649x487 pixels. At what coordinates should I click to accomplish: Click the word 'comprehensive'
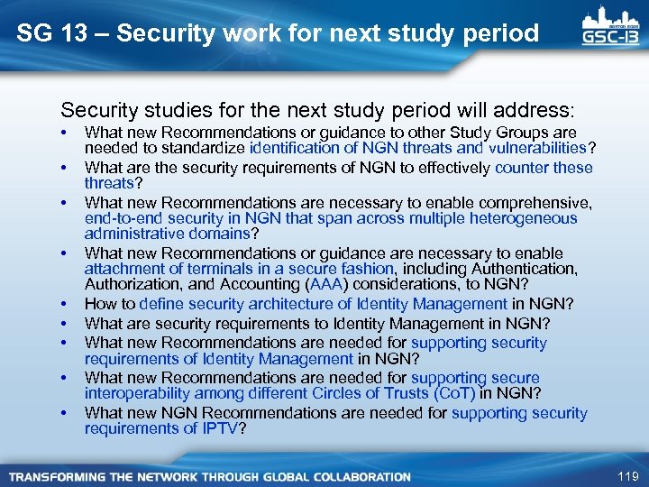[537, 203]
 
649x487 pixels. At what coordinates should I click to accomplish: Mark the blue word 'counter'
[522, 168]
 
